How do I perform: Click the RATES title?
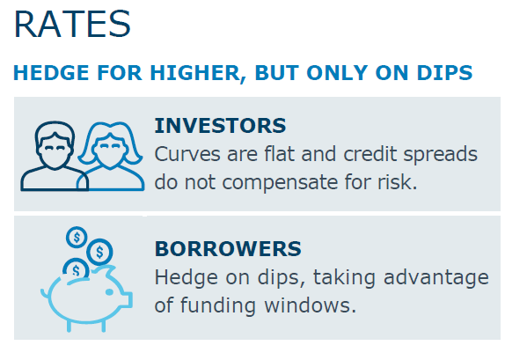(x=72, y=24)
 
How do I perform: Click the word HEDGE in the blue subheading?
(x=51, y=72)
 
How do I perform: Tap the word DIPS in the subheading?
(x=444, y=72)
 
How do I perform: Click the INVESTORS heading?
(x=220, y=125)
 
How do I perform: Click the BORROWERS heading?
(x=228, y=248)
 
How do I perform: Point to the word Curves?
(x=187, y=154)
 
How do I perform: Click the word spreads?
(x=441, y=155)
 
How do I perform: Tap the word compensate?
(x=280, y=183)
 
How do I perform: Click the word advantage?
(x=436, y=278)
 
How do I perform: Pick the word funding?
(x=218, y=306)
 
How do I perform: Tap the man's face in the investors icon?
(x=55, y=151)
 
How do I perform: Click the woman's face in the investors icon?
(x=110, y=151)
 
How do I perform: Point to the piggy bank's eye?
(x=109, y=292)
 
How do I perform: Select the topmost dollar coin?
(x=77, y=237)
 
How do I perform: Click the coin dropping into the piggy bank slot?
(x=76, y=269)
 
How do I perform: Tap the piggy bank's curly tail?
(x=45, y=294)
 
